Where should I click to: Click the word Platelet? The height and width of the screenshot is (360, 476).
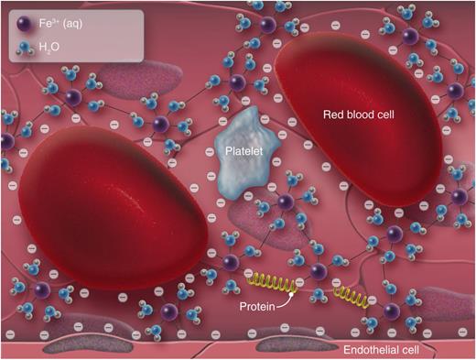tap(244, 153)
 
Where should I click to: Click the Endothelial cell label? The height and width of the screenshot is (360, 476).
tap(383, 351)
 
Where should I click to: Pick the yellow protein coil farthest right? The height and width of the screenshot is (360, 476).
tap(349, 295)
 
